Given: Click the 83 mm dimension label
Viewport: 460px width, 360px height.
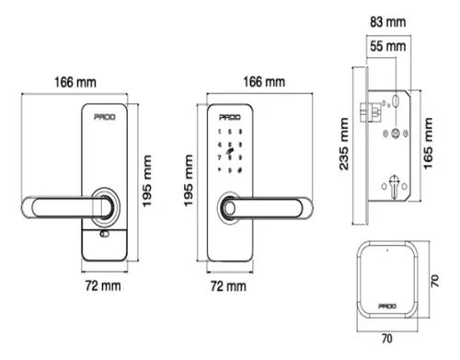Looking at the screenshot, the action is (x=387, y=22).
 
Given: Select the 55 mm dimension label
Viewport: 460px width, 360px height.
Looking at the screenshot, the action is (x=387, y=46).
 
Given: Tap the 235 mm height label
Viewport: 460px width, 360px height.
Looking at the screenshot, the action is (x=344, y=144).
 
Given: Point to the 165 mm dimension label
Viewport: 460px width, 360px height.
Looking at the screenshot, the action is (x=428, y=143).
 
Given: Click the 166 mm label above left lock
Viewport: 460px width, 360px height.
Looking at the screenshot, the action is (x=75, y=82).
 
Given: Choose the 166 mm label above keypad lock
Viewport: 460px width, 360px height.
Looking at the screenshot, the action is (x=264, y=82).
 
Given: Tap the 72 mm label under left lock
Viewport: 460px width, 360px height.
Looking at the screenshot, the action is (x=103, y=285).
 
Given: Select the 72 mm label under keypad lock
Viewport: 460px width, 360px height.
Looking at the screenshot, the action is (x=228, y=286).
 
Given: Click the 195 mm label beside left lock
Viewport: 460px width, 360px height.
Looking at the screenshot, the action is (x=147, y=181).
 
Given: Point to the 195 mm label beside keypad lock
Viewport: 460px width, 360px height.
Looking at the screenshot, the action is (x=189, y=180).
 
